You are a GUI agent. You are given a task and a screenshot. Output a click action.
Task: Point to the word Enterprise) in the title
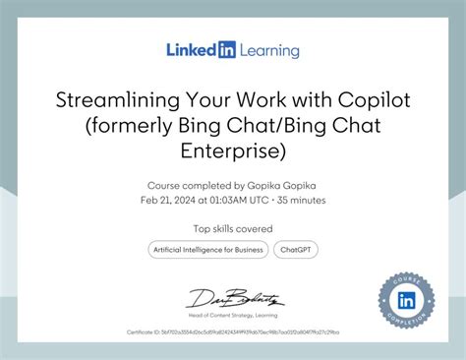(x=233, y=150)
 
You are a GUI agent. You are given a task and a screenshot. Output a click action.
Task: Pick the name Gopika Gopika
(x=289, y=185)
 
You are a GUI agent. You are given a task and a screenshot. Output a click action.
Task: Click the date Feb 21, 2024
(x=166, y=200)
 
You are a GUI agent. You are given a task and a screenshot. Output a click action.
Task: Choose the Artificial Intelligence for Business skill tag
(x=207, y=250)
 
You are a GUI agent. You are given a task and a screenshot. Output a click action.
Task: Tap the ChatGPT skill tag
(x=295, y=250)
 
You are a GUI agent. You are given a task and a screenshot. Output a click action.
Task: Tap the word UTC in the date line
(x=259, y=200)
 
